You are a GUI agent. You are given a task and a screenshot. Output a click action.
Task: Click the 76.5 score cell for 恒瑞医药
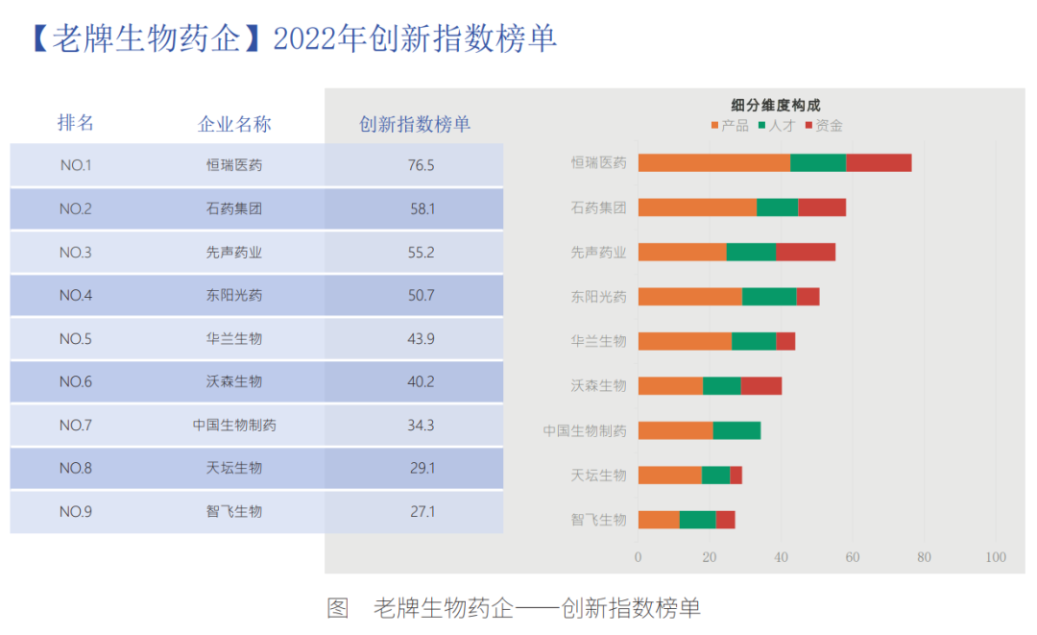(421, 165)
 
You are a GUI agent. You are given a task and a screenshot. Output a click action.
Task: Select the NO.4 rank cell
(76, 295)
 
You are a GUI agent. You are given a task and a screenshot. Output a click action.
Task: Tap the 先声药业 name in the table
(234, 253)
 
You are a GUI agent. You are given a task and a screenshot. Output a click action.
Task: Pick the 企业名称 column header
(234, 124)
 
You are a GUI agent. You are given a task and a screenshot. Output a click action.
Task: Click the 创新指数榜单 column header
(415, 124)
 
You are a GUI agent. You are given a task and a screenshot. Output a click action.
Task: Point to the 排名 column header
(76, 123)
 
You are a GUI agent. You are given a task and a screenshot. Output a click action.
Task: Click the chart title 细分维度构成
(776, 105)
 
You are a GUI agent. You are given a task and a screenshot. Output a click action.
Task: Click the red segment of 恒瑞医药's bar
(879, 163)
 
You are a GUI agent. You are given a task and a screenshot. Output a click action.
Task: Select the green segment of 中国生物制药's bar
(736, 430)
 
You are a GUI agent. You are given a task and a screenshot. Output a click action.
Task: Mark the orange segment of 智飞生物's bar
(659, 520)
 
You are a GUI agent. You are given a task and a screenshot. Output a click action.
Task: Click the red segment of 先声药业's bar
(805, 252)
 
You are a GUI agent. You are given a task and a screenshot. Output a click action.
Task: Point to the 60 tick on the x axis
(853, 557)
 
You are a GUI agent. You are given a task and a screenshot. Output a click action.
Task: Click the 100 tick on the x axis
(996, 557)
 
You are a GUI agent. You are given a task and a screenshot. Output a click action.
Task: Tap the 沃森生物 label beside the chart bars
(598, 386)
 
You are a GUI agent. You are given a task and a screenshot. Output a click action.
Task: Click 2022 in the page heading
(305, 39)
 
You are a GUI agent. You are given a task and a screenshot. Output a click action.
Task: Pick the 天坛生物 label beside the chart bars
(598, 476)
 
